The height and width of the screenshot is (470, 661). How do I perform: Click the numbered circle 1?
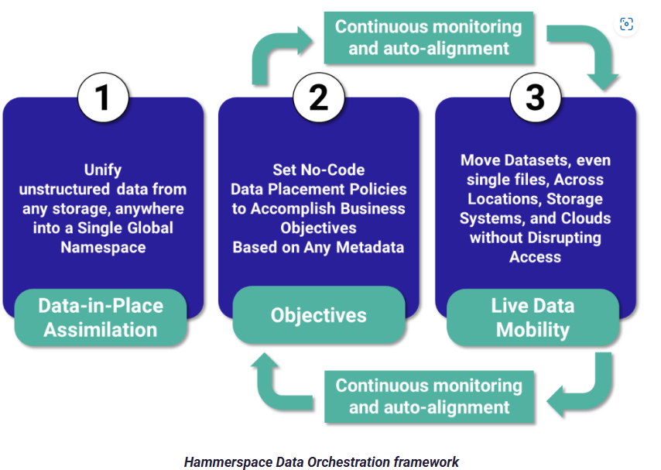(x=103, y=98)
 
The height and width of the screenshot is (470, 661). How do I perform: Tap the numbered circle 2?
(x=319, y=98)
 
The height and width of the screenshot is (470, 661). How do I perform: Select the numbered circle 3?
(x=536, y=98)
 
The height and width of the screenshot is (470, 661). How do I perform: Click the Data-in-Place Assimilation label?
(x=101, y=317)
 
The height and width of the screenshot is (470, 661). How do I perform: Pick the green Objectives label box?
(x=319, y=314)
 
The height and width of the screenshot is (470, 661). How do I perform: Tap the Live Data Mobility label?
(x=533, y=317)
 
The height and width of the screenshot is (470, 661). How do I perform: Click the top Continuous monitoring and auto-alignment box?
(x=429, y=38)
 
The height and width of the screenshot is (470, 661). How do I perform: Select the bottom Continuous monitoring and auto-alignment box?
(x=429, y=396)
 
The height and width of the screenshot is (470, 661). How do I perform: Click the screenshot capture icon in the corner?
(x=626, y=24)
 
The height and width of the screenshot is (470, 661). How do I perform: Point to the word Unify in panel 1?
(x=103, y=170)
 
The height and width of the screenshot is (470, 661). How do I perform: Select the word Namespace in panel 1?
(x=103, y=247)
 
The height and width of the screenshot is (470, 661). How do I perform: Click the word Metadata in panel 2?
(x=370, y=247)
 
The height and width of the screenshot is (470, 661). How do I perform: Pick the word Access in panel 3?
(x=536, y=257)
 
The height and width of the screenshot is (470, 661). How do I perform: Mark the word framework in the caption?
(x=426, y=462)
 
